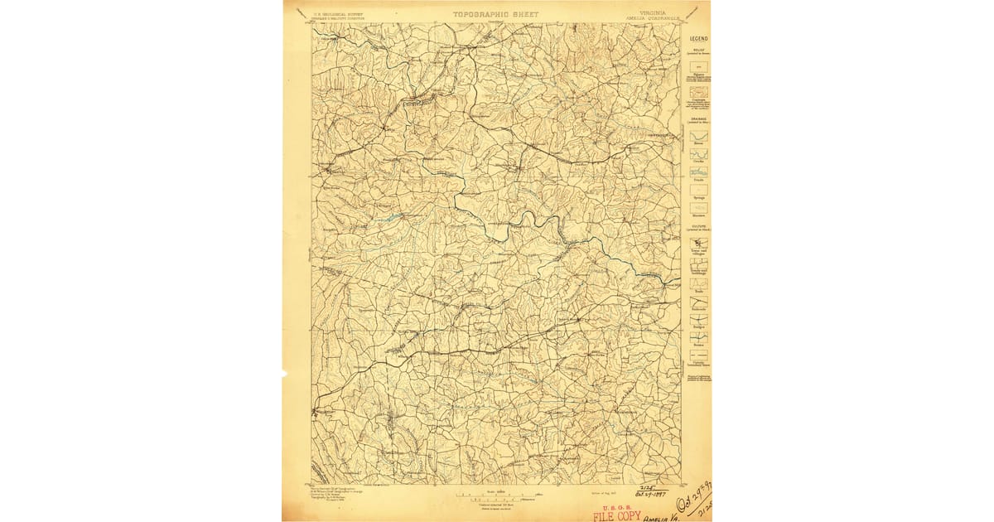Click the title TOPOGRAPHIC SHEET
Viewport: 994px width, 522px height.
(495, 14)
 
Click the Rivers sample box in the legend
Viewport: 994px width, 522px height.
(699, 136)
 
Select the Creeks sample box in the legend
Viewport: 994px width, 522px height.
(699, 154)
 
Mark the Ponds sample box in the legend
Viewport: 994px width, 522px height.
(699, 172)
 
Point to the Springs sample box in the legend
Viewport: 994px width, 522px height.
(699, 190)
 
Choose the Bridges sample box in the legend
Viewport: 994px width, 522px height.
(699, 320)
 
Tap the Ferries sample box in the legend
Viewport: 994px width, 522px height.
(699, 338)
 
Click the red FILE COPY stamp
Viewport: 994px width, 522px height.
(616, 515)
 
